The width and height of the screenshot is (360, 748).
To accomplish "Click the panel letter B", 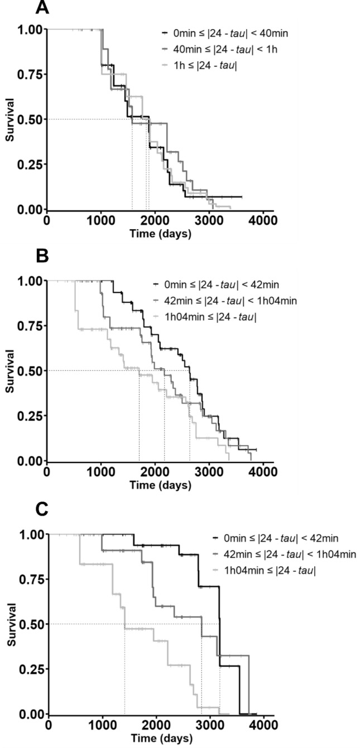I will click(x=42, y=258).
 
